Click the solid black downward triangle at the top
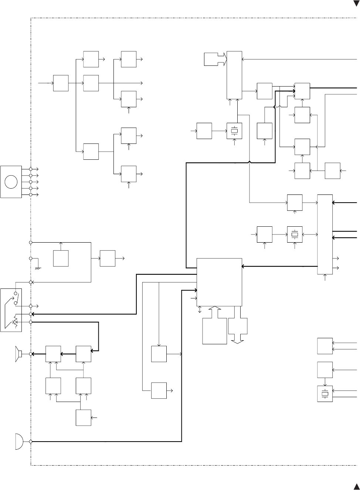(356, 4)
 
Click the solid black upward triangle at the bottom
(356, 486)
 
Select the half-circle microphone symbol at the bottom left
(19, 442)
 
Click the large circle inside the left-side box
(11, 182)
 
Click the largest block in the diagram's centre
(220, 282)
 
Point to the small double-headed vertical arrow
(200, 310)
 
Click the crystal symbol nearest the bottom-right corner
(325, 394)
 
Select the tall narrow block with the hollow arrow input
(234, 75)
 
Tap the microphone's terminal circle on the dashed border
(31, 442)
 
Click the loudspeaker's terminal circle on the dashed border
(31, 354)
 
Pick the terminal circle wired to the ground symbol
(31, 258)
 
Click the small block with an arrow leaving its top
(61, 258)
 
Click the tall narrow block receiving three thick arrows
(325, 234)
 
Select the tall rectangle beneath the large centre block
(215, 331)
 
